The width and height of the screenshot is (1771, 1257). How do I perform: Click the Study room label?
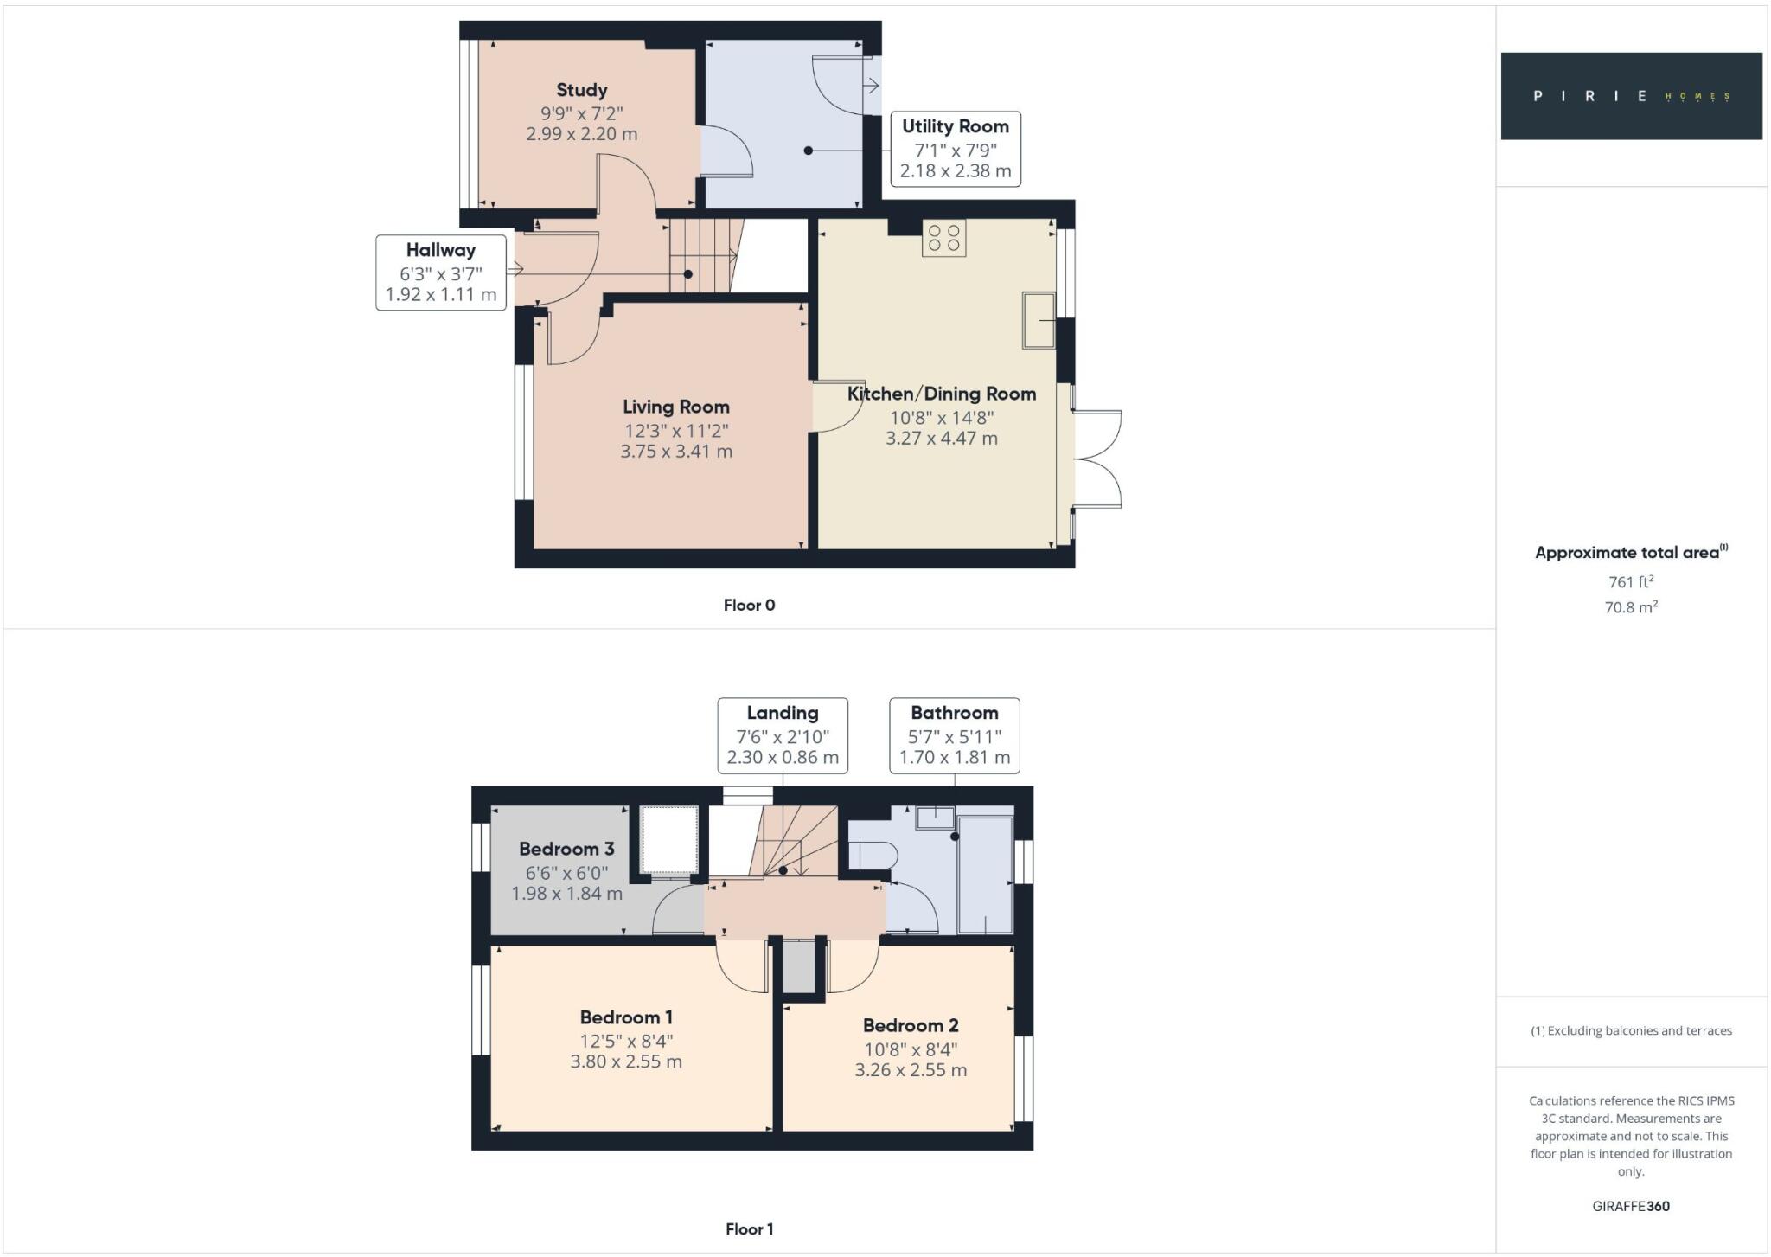[x=581, y=90]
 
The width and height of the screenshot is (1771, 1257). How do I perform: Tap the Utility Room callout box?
[x=955, y=149]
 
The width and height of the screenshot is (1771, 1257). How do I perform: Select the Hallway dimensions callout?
[x=440, y=273]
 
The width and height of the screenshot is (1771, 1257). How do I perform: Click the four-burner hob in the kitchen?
[x=943, y=239]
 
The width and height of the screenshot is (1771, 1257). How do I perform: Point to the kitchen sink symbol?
[x=1038, y=321]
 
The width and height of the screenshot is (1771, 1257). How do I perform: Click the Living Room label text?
[x=675, y=407]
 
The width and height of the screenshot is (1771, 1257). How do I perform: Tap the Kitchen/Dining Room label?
[x=941, y=394]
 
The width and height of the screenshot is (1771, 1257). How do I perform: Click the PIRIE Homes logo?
[x=1630, y=96]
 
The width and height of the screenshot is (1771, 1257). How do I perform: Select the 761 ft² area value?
[x=1630, y=582]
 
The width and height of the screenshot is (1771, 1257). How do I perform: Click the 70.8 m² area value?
[x=1630, y=607]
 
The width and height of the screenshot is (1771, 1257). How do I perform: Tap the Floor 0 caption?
[x=749, y=606]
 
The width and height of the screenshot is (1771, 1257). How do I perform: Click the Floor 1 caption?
[x=749, y=1228]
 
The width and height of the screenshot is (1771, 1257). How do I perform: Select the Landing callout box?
[x=782, y=735]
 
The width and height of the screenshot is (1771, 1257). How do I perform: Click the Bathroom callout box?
[x=954, y=735]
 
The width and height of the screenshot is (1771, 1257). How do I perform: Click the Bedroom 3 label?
[x=566, y=849]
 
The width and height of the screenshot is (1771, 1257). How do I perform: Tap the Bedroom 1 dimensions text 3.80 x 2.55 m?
[x=626, y=1061]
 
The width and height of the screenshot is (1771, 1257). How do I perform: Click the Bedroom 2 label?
[x=911, y=1025]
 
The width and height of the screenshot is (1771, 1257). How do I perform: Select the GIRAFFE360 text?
[x=1630, y=1206]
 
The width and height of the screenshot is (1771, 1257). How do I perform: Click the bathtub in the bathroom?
[x=985, y=874]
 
